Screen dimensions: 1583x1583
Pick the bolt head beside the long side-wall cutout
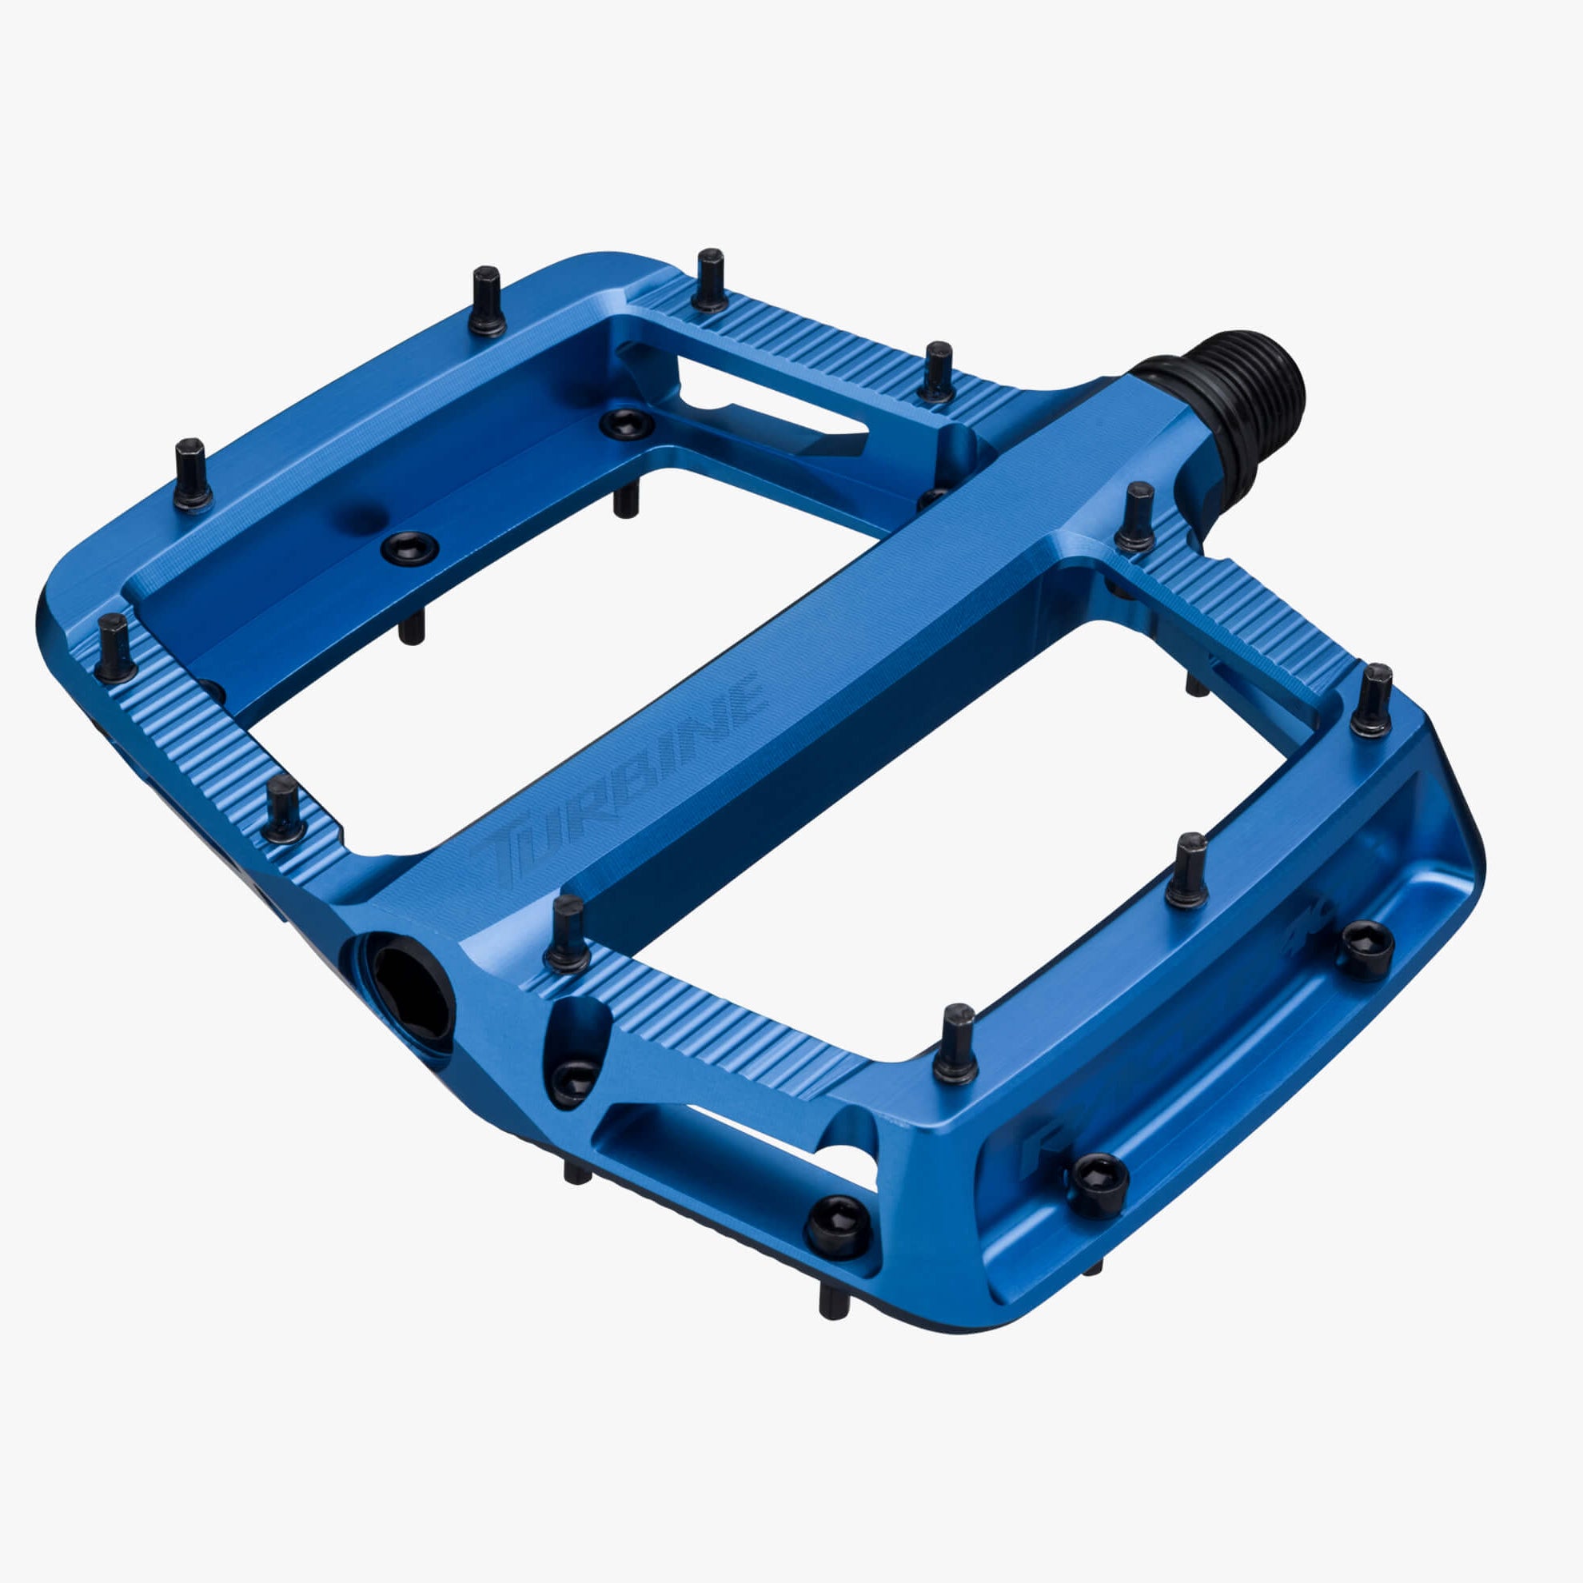point(837,1226)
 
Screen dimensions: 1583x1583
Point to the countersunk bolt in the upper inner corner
point(627,424)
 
